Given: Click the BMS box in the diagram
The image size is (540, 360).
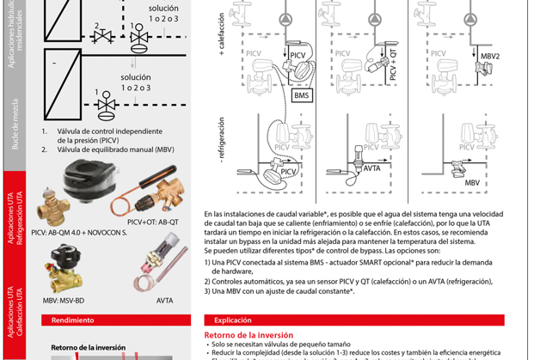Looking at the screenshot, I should point(302,96).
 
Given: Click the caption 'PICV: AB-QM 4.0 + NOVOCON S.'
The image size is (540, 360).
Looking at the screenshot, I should point(78,232).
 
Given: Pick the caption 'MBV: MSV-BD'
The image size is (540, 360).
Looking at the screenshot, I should point(66,301).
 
